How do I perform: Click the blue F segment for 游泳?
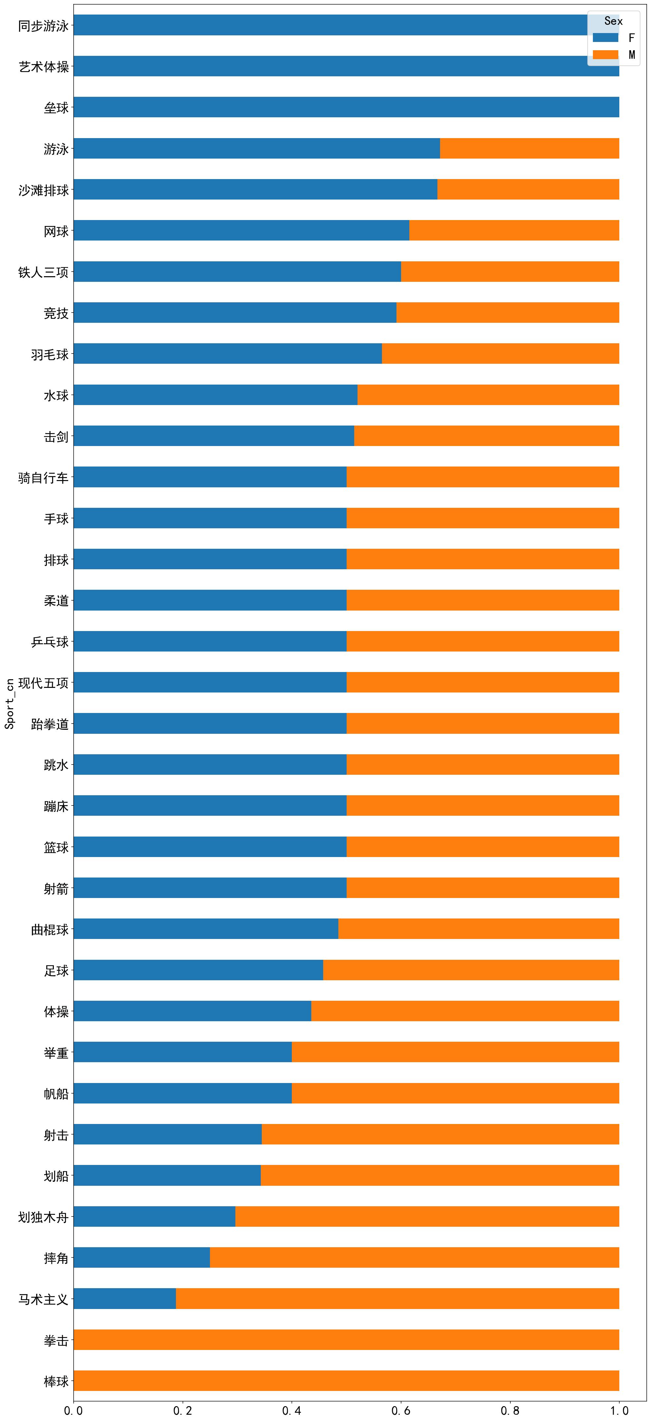pyautogui.click(x=256, y=148)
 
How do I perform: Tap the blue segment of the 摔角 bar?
pyautogui.click(x=142, y=1258)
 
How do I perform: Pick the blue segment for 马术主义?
pyautogui.click(x=124, y=1298)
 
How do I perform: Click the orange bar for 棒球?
pyautogui.click(x=346, y=1381)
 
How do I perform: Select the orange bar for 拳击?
pyautogui.click(x=346, y=1340)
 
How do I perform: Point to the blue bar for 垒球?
pyautogui.click(x=346, y=107)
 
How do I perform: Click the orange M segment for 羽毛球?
pyautogui.click(x=500, y=354)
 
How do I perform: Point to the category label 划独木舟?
pyautogui.click(x=44, y=1217)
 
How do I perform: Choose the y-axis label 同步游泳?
pyautogui.click(x=44, y=26)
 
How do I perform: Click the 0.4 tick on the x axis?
pyautogui.click(x=291, y=1410)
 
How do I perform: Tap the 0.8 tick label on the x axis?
pyautogui.click(x=510, y=1410)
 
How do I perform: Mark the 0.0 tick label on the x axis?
pyautogui.click(x=73, y=1410)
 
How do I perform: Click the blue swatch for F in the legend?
pyautogui.click(x=605, y=38)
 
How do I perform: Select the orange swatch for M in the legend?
pyautogui.click(x=605, y=55)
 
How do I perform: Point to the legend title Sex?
pyautogui.click(x=613, y=21)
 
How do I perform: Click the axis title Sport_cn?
pyautogui.click(x=9, y=703)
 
